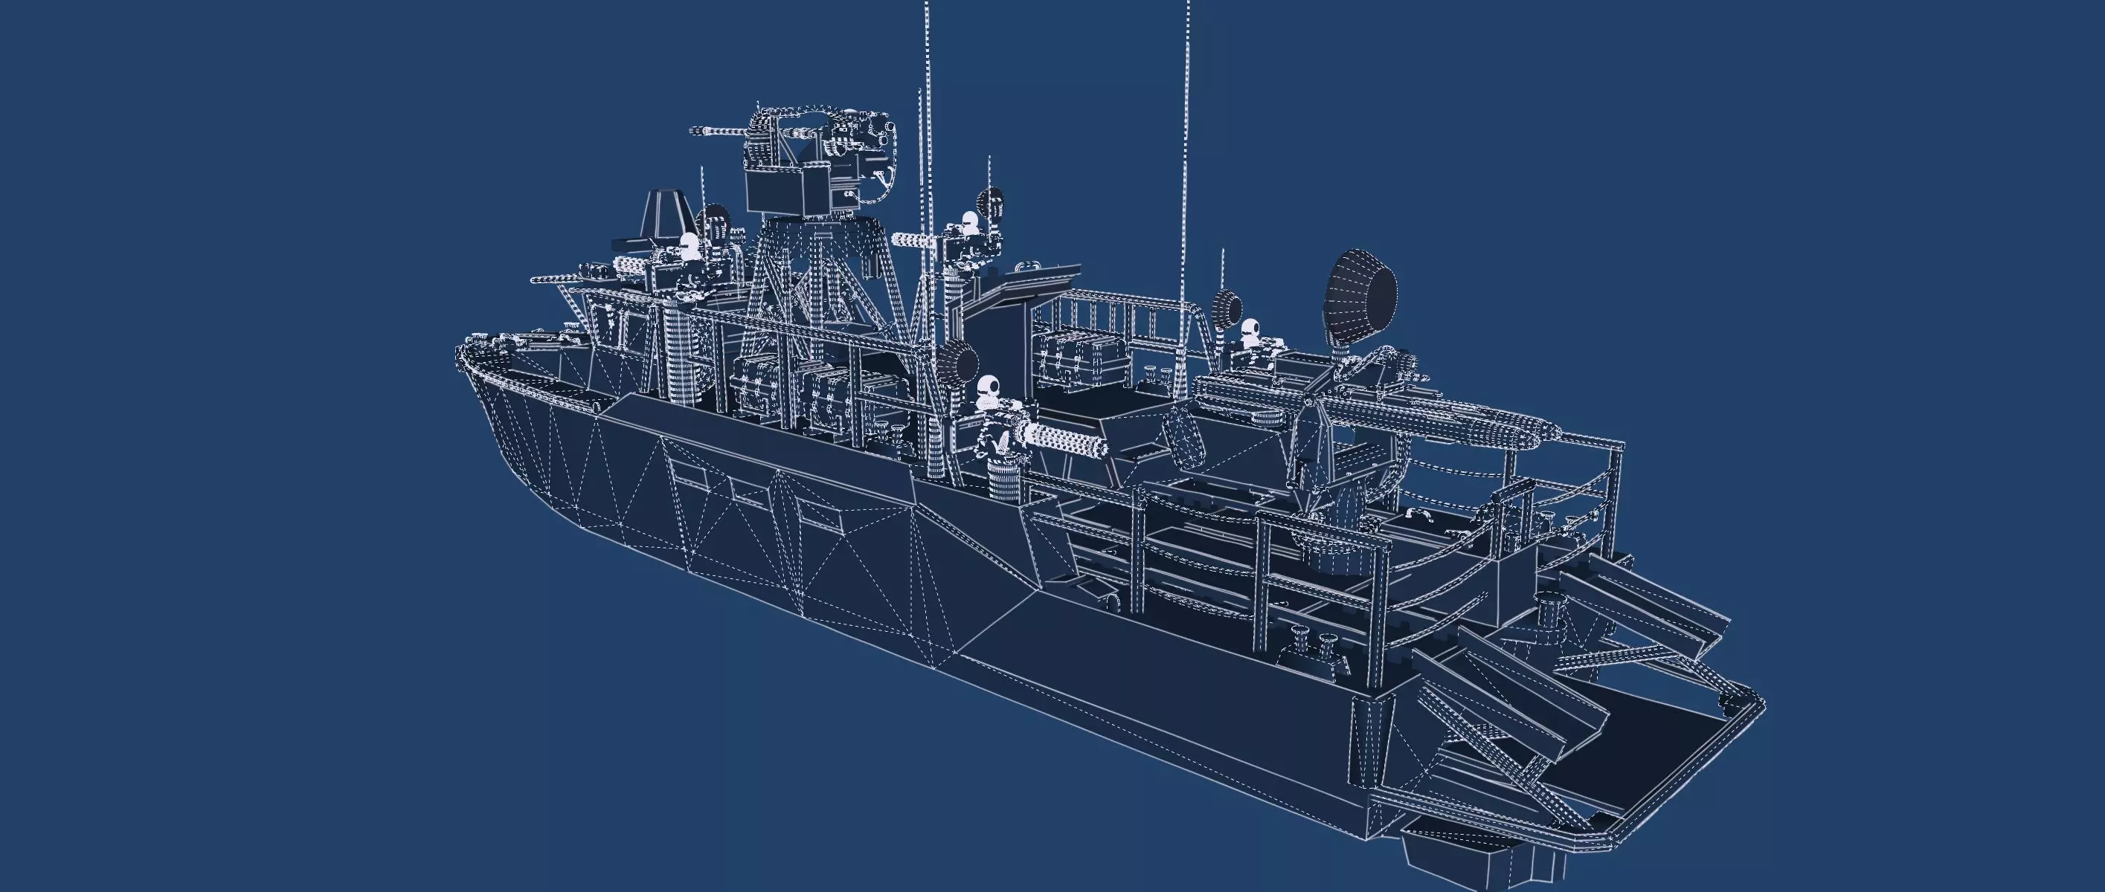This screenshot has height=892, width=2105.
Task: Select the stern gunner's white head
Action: [x=1250, y=329]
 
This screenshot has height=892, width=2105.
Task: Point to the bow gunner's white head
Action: [x=690, y=243]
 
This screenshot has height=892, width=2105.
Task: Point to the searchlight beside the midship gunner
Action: [x=956, y=361]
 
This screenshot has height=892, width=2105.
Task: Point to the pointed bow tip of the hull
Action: [x=459, y=353]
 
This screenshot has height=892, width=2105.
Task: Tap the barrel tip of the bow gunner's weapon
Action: [x=536, y=280]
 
